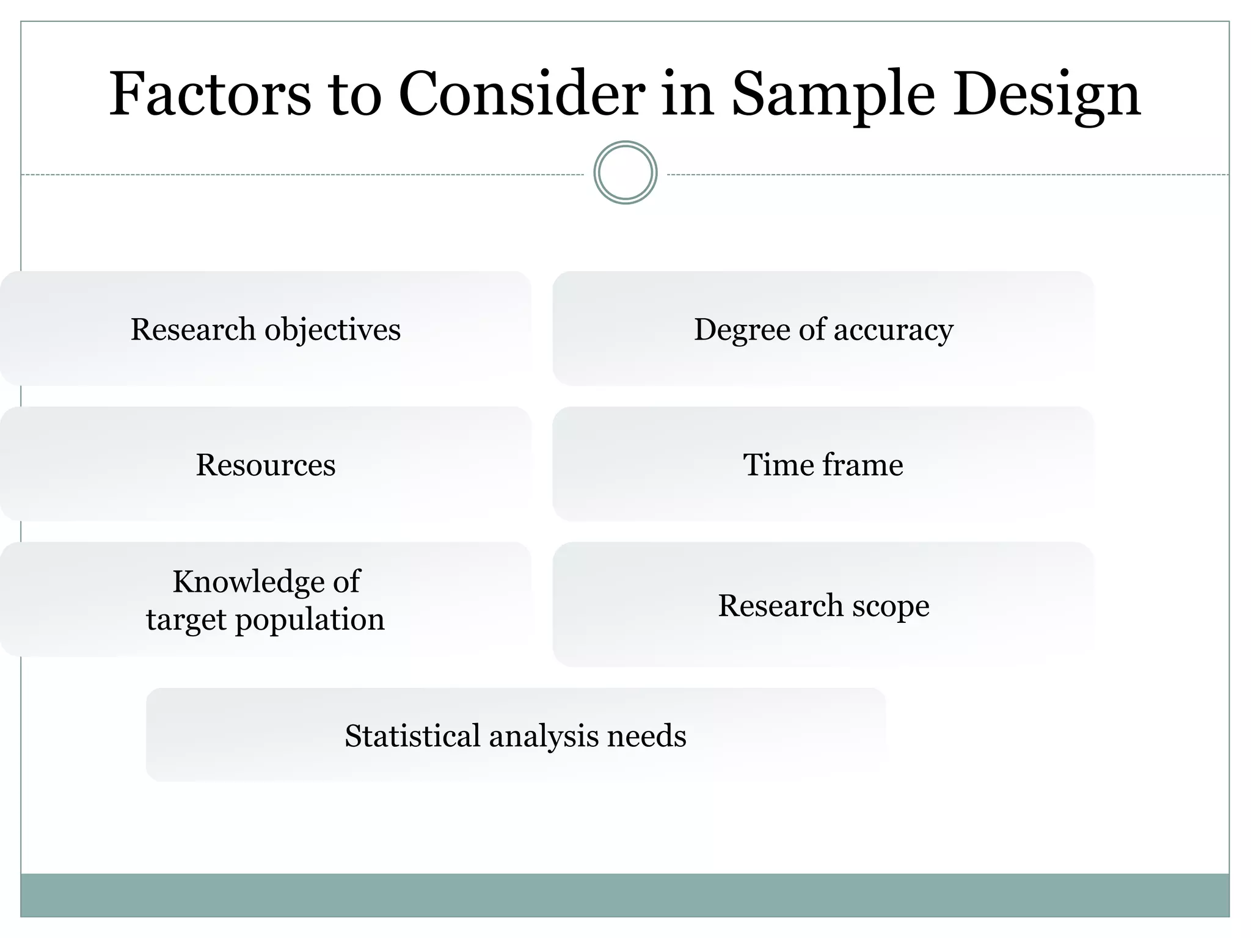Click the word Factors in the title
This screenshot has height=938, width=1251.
click(x=210, y=95)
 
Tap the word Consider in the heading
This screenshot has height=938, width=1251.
click(x=522, y=95)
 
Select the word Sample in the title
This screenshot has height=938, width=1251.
click(x=833, y=95)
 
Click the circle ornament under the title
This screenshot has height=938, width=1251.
click(x=625, y=173)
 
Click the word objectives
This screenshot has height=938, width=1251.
click(x=333, y=330)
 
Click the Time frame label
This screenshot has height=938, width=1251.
click(x=823, y=465)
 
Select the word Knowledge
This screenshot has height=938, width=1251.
click(x=249, y=581)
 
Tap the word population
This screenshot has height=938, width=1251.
click(x=310, y=620)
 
